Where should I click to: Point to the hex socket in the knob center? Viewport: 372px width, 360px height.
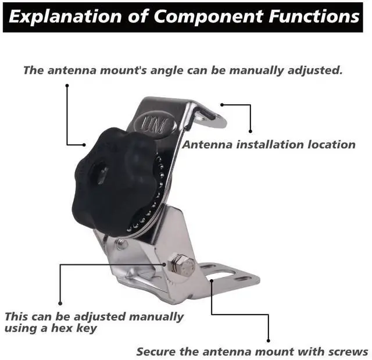click(x=96, y=173)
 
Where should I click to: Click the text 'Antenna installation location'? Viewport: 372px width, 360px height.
click(x=269, y=144)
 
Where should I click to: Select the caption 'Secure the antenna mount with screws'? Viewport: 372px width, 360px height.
click(x=252, y=351)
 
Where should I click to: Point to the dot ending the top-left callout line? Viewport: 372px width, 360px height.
click(x=67, y=86)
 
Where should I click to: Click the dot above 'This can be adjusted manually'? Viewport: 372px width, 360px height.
click(x=60, y=302)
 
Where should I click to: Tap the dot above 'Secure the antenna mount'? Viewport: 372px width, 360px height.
click(x=269, y=341)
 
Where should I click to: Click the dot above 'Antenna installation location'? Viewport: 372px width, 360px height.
click(x=251, y=132)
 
